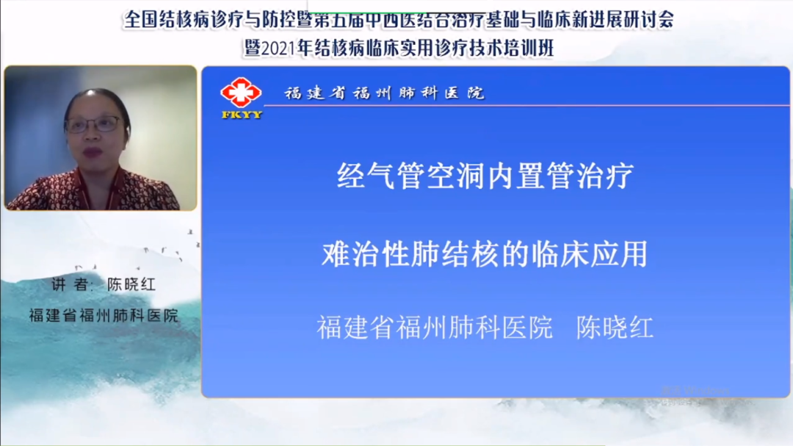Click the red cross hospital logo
pos(241,93)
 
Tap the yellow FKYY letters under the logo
pos(242,115)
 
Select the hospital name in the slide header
pos(384,93)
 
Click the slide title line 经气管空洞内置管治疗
pos(485,176)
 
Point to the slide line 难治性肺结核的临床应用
pos(485,253)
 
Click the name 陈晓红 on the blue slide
pos(615,328)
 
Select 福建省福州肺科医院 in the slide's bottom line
pos(435,328)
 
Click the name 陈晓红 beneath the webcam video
pos(131,284)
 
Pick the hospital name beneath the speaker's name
pos(104,315)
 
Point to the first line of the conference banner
pos(399,20)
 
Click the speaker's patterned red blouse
pos(94,190)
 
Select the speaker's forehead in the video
pos(94,105)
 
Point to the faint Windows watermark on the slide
pos(696,395)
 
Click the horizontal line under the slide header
pos(526,105)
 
